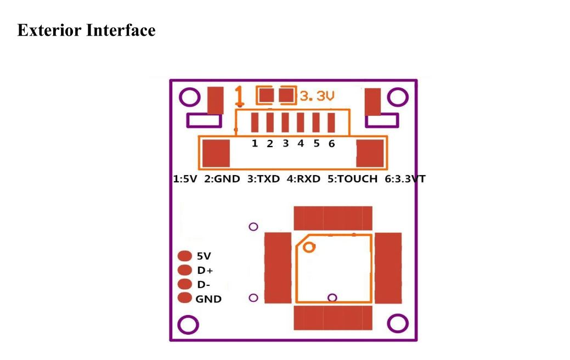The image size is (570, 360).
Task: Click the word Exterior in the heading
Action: (49, 30)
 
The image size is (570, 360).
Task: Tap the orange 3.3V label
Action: (317, 96)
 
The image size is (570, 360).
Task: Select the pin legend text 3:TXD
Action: (263, 179)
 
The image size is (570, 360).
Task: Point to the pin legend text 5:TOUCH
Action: (352, 179)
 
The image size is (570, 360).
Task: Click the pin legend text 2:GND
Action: (222, 179)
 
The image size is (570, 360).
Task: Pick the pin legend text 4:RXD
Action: (303, 179)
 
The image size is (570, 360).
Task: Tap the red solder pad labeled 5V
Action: (185, 256)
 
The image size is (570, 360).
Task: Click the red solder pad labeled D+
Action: (185, 270)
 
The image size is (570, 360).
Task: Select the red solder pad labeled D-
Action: (185, 284)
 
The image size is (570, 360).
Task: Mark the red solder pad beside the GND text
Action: (185, 298)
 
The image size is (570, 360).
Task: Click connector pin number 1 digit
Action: (255, 144)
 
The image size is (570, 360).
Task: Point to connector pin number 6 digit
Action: (331, 144)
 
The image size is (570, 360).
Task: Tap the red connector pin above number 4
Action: (300, 122)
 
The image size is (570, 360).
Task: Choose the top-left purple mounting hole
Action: (190, 97)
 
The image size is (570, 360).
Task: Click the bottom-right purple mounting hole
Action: (398, 323)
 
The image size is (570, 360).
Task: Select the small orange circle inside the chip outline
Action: (309, 248)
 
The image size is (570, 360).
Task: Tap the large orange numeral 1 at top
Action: (239, 97)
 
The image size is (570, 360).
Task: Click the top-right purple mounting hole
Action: (398, 97)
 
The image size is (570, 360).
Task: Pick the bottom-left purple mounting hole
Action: (188, 325)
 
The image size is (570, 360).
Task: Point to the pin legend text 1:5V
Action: (185, 179)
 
